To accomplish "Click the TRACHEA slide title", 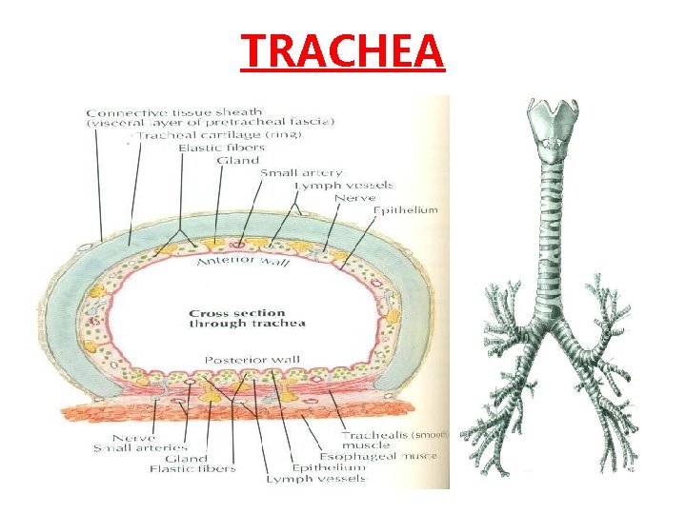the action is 342,50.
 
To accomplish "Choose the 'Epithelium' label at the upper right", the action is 405,209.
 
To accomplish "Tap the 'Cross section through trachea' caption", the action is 247,318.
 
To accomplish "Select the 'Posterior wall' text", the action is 246,359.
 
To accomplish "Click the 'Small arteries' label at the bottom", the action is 141,446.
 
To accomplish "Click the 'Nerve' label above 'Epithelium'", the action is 354,197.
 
